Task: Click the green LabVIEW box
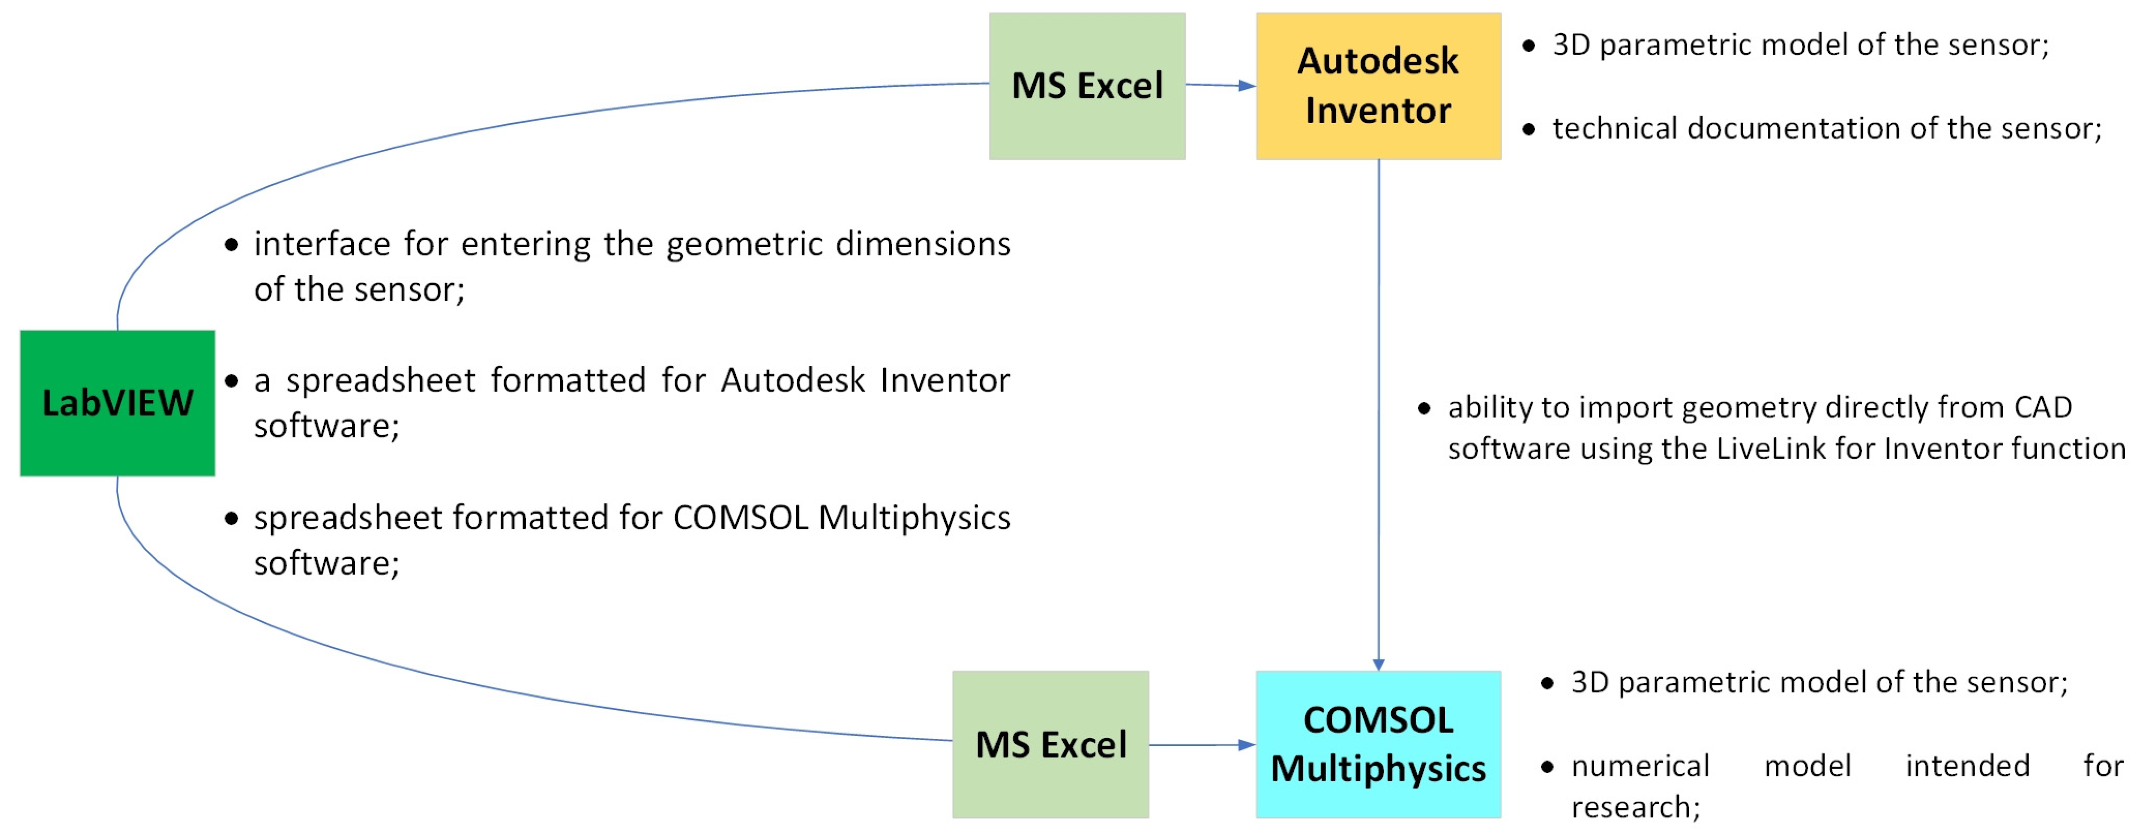click(x=117, y=403)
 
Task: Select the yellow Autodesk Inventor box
click(x=1378, y=85)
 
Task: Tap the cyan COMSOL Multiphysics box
click(x=1378, y=744)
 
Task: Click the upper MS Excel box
click(x=1087, y=85)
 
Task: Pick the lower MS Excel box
click(x=1050, y=744)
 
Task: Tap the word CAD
click(x=2042, y=407)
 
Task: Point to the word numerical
click(x=1640, y=766)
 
